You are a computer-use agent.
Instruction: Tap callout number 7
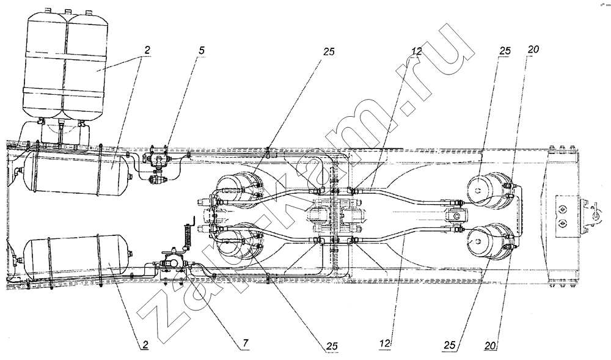245,343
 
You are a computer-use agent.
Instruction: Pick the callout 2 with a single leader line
145,345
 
